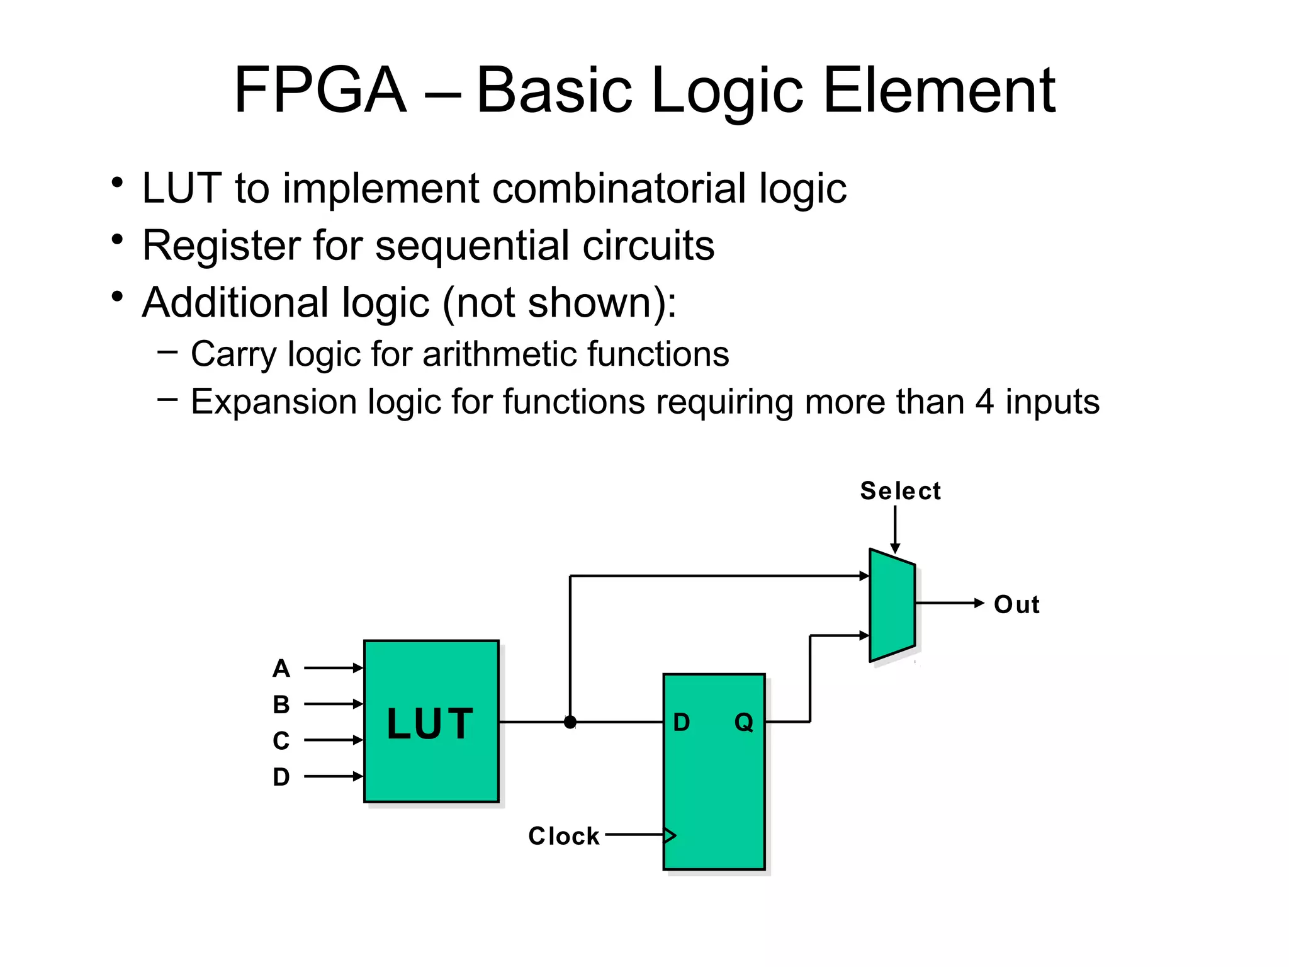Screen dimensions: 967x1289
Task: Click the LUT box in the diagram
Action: (x=431, y=721)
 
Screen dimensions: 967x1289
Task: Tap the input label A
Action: (x=281, y=668)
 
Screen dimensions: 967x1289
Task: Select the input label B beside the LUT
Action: (x=281, y=704)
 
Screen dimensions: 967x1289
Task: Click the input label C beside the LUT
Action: (x=281, y=740)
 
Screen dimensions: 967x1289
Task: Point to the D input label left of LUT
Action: (x=281, y=777)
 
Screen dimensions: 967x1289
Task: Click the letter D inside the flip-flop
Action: (x=682, y=722)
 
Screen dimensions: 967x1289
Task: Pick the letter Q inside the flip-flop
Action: (x=744, y=722)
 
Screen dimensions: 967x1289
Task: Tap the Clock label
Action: (x=564, y=836)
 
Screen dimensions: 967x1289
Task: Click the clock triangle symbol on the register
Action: (x=670, y=835)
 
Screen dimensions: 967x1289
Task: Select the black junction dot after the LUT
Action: (x=570, y=722)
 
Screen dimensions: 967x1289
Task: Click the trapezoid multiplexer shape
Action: (x=892, y=605)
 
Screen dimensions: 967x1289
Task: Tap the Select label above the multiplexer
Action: (x=900, y=491)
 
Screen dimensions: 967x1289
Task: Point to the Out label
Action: (x=1016, y=604)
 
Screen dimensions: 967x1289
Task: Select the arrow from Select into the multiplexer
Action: (x=895, y=529)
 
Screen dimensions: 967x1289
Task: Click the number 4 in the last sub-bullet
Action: (x=984, y=402)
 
